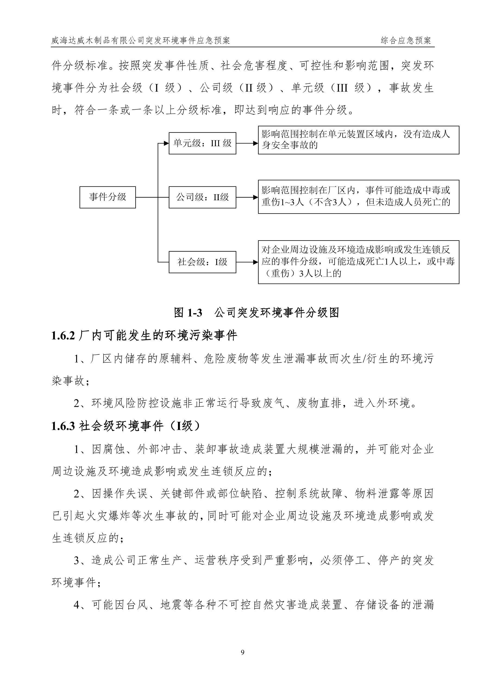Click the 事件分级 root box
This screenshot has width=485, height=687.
(x=107, y=197)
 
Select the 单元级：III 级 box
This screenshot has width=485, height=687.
(x=202, y=143)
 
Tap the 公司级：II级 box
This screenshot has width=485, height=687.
(x=202, y=197)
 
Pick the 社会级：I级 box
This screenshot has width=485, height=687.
(x=202, y=262)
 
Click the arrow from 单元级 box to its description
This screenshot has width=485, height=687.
(x=247, y=143)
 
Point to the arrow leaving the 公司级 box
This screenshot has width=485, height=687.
(x=247, y=197)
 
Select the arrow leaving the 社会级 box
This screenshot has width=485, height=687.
(x=247, y=262)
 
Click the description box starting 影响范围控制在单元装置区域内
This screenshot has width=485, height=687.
(x=358, y=140)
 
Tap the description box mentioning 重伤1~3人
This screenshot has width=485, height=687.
(x=358, y=197)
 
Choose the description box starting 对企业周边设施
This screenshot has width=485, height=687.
(x=358, y=262)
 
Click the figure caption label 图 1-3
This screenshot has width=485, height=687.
(x=188, y=313)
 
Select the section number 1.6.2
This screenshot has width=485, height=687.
(x=63, y=336)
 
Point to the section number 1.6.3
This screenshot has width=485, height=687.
(x=63, y=426)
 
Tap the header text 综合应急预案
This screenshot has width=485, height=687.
(x=406, y=40)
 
